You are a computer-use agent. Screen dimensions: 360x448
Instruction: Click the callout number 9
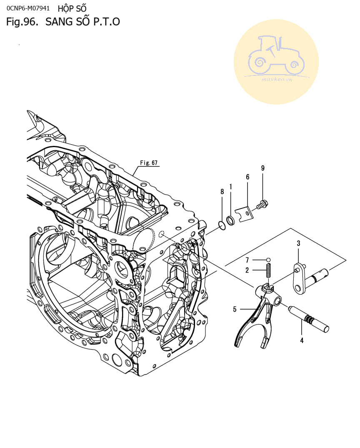click(x=263, y=168)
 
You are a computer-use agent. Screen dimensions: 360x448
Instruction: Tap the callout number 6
click(x=248, y=177)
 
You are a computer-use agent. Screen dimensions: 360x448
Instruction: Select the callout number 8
click(x=222, y=192)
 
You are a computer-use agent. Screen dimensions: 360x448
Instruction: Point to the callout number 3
click(x=299, y=243)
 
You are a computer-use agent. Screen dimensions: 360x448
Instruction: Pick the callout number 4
click(x=302, y=340)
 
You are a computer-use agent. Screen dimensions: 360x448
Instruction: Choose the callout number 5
click(x=235, y=309)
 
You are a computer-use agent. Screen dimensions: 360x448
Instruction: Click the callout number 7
click(x=247, y=260)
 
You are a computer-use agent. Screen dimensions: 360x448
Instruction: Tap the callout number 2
click(x=247, y=270)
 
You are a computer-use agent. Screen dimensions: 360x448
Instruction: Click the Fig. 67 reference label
click(x=149, y=163)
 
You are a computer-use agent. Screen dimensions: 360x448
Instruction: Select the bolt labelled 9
click(x=262, y=205)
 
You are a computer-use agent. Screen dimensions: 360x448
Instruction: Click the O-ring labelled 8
click(x=222, y=225)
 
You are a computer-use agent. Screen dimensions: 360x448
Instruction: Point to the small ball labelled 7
click(x=268, y=260)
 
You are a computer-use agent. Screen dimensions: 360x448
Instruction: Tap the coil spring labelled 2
click(x=269, y=271)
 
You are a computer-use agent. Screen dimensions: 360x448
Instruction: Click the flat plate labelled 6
click(x=244, y=214)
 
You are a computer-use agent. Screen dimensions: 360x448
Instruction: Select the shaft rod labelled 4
click(x=309, y=319)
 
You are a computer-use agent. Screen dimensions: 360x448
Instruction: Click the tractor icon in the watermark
click(x=276, y=56)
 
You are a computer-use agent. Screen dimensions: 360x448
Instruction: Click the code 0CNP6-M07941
click(x=28, y=8)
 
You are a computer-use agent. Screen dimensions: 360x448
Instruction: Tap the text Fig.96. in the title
click(x=22, y=22)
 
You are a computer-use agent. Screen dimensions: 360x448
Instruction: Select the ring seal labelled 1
click(x=230, y=220)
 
